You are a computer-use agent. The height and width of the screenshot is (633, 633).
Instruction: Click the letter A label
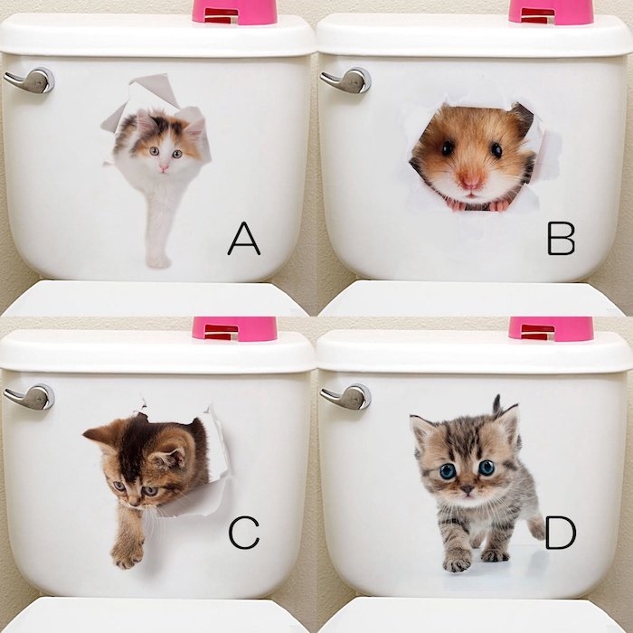244,239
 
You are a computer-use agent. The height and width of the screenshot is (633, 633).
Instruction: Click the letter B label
562,239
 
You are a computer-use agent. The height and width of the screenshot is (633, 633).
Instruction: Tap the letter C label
244,533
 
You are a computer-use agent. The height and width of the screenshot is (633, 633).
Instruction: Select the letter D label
561,534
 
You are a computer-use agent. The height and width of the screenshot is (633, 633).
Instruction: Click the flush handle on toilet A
30,80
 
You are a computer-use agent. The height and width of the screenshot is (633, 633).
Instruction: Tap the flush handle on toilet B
346,80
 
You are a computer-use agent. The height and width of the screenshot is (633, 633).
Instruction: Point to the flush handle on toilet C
30,397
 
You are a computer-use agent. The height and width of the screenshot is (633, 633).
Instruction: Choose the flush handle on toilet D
346,397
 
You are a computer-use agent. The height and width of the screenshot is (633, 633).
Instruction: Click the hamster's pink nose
471,180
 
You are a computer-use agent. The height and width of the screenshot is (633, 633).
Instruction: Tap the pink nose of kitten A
164,167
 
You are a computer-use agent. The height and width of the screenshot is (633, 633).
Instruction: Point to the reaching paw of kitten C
127,553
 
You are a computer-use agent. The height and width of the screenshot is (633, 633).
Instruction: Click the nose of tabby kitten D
468,490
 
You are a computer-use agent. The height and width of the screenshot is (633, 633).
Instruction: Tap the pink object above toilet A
234,11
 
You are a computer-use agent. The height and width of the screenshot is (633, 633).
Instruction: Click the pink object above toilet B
551,11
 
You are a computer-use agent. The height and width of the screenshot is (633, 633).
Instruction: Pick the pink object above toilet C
234,328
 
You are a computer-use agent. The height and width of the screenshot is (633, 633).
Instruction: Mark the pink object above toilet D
551,328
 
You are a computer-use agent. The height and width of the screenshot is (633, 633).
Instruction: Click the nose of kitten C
134,502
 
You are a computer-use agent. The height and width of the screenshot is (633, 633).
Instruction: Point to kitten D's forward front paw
457,562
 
